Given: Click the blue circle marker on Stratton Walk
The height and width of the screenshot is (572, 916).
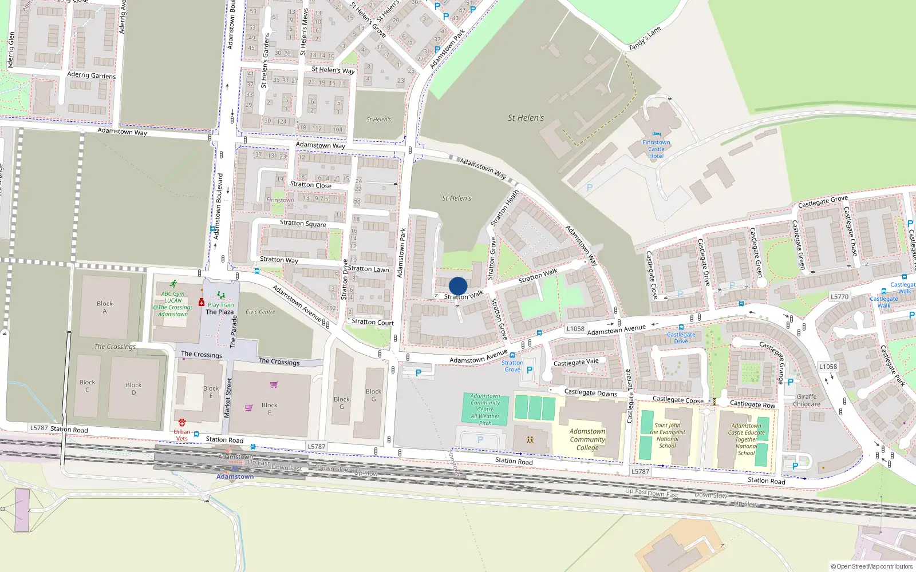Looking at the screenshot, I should point(458,286).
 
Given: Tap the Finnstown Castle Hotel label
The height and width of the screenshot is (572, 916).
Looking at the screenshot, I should point(656,149).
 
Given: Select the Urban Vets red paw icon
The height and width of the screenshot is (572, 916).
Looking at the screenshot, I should point(182,423).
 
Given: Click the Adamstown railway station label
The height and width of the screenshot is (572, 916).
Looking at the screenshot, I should point(235,476).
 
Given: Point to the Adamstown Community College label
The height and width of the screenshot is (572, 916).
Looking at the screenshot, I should point(587,439).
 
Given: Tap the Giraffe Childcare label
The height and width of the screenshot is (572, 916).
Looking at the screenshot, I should point(807,400).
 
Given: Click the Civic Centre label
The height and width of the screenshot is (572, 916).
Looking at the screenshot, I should point(260,312).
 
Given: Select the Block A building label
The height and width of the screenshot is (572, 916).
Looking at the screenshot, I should point(105,307).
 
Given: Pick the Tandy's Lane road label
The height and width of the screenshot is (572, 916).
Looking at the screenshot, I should point(645,38).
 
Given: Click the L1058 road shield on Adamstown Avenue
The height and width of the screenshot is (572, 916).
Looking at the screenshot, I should point(575,328).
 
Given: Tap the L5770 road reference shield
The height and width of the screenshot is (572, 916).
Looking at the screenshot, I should point(839,297).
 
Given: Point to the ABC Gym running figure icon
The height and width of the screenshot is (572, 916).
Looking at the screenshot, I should point(173,284).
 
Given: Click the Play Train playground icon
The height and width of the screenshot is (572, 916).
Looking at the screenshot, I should point(220,296).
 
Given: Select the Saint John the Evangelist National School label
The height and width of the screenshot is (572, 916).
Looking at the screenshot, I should point(668,435).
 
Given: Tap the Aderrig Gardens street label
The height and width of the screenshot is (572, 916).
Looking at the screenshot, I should point(92,75).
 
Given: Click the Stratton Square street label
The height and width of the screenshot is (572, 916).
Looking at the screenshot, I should point(303,223).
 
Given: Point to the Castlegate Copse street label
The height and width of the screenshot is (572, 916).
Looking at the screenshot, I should point(678,400).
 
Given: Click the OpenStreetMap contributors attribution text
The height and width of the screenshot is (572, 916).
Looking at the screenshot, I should point(872,566).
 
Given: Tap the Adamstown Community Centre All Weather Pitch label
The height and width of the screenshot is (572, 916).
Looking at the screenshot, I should point(485,409).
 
